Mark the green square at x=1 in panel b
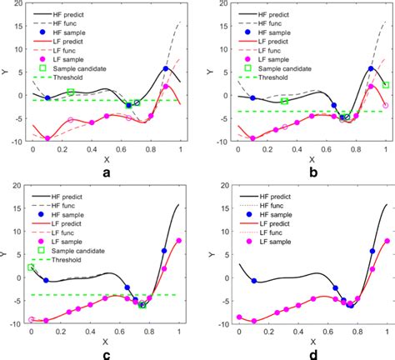point(385,85)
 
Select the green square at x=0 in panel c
point(32,267)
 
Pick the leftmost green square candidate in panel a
point(71,92)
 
